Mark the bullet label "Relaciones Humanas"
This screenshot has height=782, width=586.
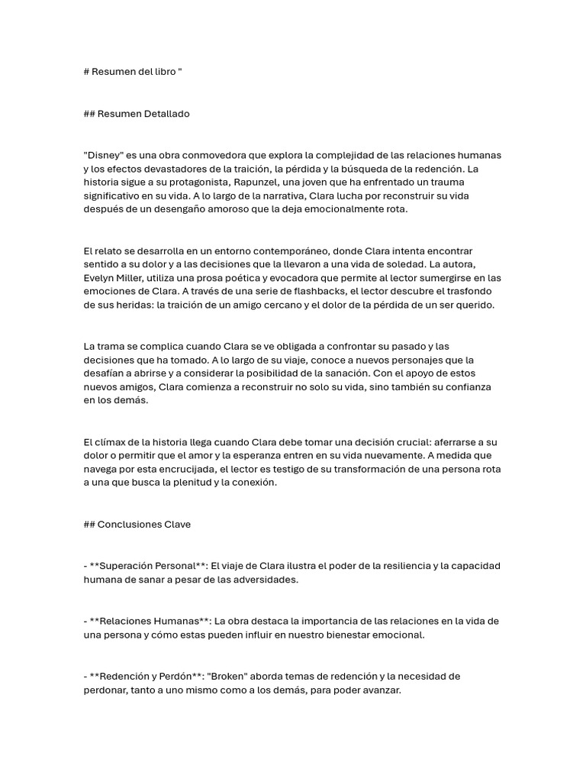coord(148,622)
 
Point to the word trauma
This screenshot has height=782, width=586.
coord(448,183)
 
